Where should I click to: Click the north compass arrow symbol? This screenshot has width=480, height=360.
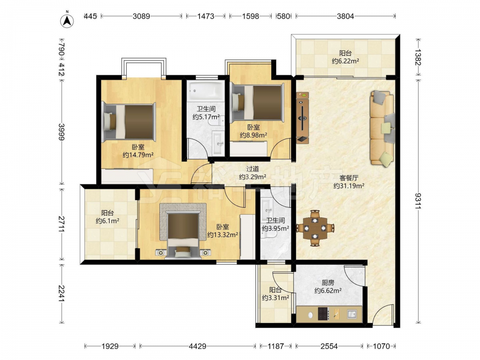click(67, 20)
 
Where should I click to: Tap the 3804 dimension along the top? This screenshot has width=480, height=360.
click(345, 16)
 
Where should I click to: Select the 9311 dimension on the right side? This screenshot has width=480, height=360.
click(418, 201)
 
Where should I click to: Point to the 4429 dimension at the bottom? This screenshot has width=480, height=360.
click(197, 346)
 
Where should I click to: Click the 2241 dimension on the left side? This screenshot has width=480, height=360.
click(61, 293)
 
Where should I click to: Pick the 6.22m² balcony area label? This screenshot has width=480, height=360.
click(345, 61)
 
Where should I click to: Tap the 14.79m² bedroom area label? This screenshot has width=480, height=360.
click(138, 155)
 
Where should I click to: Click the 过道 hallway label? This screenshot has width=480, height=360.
click(252, 168)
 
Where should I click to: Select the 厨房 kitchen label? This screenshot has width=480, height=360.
click(328, 283)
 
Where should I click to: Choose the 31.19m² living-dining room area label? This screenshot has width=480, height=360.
click(348, 186)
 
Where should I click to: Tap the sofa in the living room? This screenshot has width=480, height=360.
click(382, 128)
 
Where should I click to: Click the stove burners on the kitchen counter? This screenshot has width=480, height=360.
click(324, 314)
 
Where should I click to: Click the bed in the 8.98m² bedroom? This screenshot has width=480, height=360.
click(257, 102)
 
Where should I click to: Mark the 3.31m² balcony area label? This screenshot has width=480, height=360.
click(276, 298)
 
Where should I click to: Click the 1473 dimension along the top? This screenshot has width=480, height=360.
click(206, 16)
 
